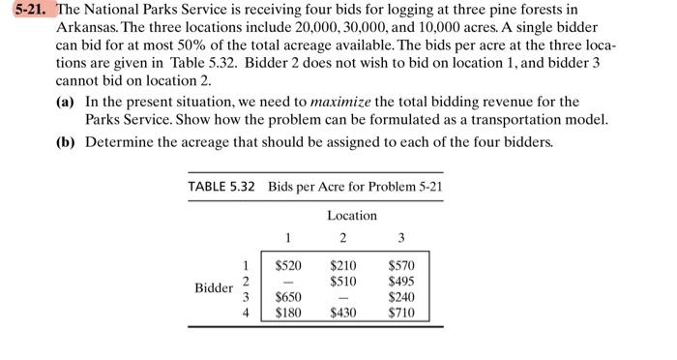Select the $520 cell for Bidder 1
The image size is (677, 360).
click(287, 264)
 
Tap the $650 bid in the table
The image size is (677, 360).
click(287, 297)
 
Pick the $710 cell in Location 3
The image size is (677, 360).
click(400, 314)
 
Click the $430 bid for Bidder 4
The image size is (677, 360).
click(343, 314)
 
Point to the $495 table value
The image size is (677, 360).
click(400, 281)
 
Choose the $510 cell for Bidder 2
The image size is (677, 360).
click(343, 281)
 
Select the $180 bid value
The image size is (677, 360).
click(287, 314)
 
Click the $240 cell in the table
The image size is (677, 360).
click(400, 297)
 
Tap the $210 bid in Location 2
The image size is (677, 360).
click(343, 264)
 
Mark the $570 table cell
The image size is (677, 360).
click(400, 264)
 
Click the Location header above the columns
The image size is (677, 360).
click(351, 215)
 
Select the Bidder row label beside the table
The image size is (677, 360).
click(213, 288)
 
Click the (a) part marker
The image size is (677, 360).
click(67, 101)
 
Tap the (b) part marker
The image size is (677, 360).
click(67, 141)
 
